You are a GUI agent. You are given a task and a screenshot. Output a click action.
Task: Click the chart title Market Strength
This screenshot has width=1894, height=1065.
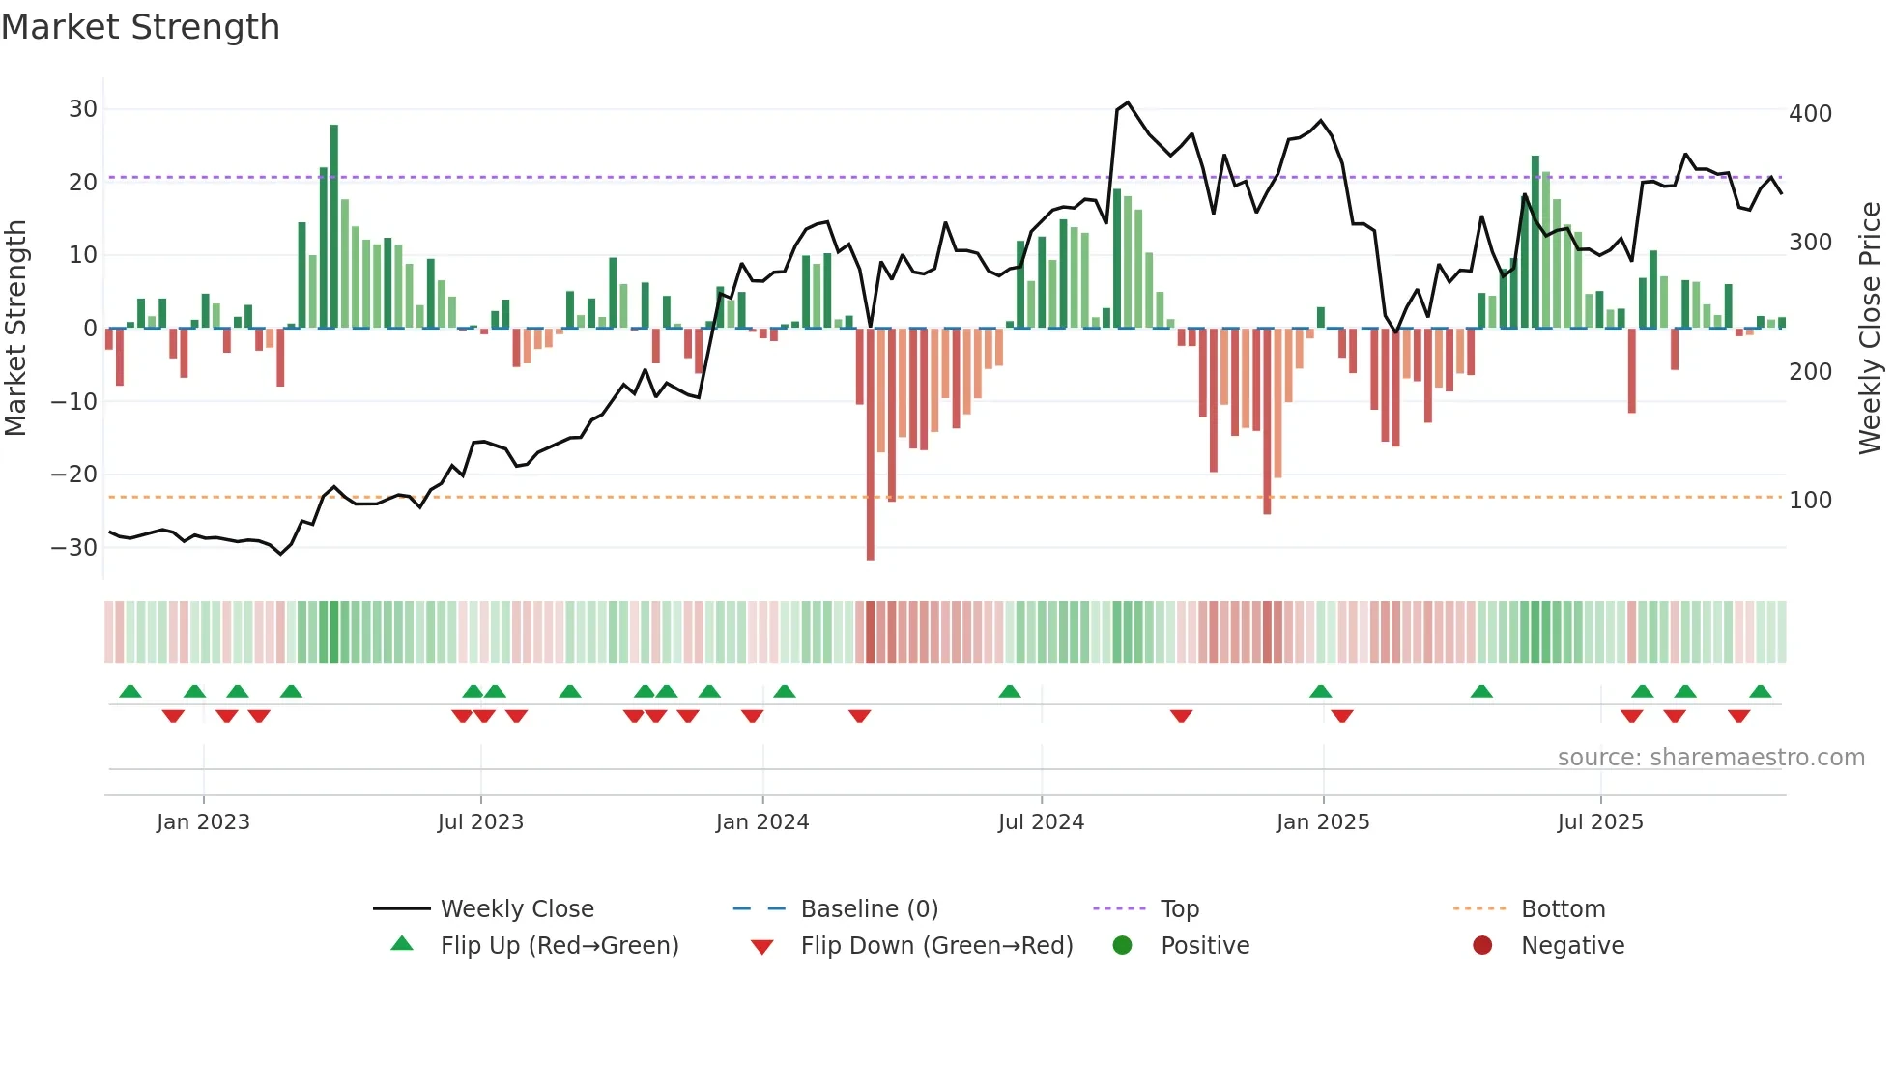coord(140,27)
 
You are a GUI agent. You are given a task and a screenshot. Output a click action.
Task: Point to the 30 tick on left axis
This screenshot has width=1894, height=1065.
coord(83,109)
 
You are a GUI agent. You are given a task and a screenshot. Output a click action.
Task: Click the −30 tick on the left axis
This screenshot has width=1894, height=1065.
coord(74,548)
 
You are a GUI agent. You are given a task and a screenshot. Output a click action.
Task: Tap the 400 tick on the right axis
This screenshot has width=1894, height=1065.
coord(1810,114)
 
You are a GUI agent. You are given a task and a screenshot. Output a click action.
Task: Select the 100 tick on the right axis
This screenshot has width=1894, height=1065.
coord(1810,501)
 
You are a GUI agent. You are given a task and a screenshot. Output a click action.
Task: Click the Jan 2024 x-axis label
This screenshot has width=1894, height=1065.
coord(761,822)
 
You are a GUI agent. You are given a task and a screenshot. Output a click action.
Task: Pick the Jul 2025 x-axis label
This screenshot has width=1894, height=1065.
coord(1599,822)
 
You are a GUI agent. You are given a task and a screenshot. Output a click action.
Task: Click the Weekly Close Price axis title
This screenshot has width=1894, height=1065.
coord(1870,329)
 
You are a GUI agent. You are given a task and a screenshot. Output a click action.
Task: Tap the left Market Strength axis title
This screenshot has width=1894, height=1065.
coord(15,329)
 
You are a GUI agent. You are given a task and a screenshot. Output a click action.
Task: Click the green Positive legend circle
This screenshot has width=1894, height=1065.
coord(1122,946)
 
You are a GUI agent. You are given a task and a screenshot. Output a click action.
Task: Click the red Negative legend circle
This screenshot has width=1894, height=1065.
coord(1482,946)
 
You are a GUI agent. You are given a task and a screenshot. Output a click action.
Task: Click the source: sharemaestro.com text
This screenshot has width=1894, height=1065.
coord(1710,758)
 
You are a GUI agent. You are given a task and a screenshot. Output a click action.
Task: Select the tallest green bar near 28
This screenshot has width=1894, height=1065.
coord(334,227)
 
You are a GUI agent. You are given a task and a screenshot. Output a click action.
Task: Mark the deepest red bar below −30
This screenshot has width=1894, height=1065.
coord(871,445)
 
